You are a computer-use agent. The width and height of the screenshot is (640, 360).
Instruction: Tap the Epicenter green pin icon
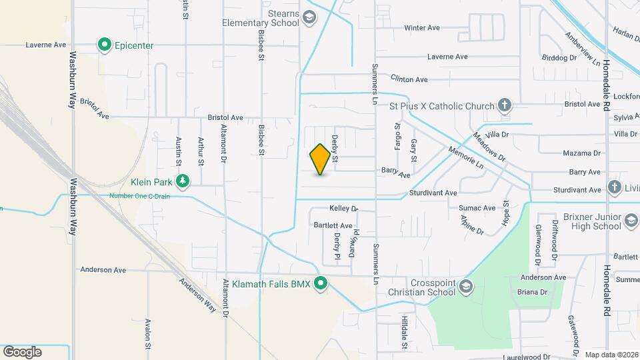click(105, 45)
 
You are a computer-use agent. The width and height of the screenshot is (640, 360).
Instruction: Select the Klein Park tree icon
click(182, 181)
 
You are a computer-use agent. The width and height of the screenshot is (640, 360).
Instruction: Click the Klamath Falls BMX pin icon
click(321, 285)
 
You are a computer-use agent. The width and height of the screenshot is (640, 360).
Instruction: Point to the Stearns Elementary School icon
click(309, 17)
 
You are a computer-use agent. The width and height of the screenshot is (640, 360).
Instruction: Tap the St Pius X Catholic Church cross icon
click(505, 105)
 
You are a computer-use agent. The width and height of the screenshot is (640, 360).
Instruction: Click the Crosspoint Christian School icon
click(465, 287)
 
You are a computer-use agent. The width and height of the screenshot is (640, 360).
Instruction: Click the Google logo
click(22, 352)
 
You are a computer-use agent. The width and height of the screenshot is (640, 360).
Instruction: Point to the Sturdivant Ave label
click(433, 193)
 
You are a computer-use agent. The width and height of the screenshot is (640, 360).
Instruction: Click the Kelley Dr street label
click(343, 209)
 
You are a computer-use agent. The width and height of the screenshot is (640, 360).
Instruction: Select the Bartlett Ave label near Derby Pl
click(333, 225)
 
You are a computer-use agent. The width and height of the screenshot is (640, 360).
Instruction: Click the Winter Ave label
click(422, 28)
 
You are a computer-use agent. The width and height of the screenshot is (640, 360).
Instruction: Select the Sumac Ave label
click(477, 208)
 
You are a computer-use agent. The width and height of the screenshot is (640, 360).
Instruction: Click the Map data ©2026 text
click(611, 355)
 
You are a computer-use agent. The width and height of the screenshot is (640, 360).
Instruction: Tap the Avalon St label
click(148, 333)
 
